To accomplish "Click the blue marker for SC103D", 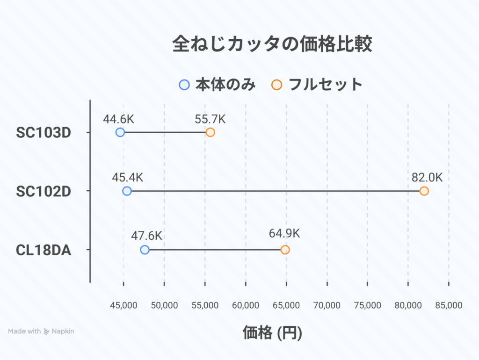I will click(120, 132).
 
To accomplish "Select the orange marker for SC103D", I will click(210, 132).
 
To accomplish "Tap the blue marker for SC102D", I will click(127, 191).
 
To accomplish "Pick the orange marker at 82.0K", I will click(424, 191).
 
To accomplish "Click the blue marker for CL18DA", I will click(145, 250).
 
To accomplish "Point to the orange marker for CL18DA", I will click(285, 250).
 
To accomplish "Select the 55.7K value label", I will click(210, 119).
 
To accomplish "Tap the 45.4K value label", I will click(127, 178).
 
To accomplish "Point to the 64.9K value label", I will click(284, 233).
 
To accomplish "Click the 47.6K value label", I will click(146, 236).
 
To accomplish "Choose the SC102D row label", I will click(44, 191).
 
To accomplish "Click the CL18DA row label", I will click(44, 250).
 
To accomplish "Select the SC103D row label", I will click(44, 133).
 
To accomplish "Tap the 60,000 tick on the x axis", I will click(246, 305).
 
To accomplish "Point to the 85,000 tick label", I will click(449, 305).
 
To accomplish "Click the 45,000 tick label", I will click(123, 305).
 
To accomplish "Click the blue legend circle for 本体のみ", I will click(184, 85).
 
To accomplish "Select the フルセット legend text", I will click(326, 85).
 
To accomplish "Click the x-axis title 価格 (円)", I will click(272, 333).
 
